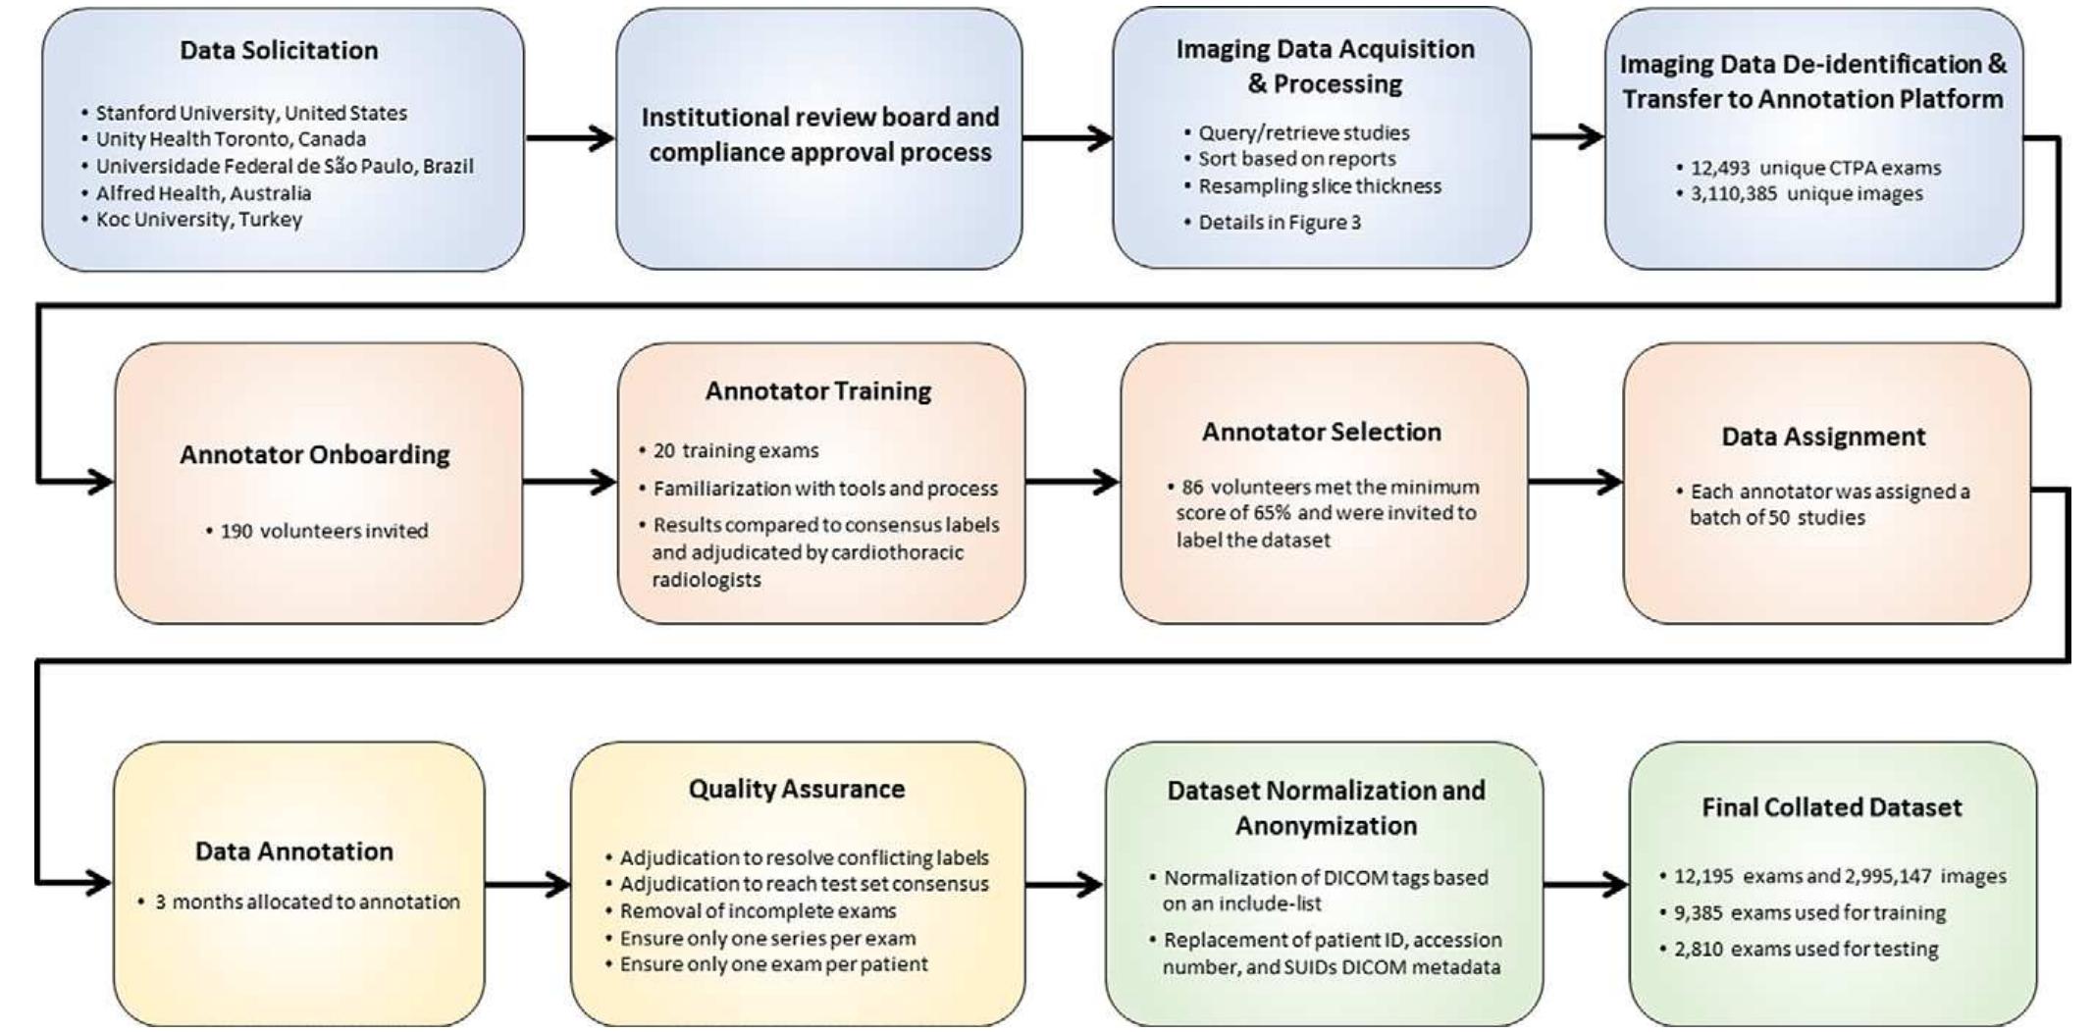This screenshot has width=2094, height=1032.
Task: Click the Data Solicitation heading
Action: click(279, 50)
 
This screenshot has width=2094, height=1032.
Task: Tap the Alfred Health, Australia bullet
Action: click(203, 193)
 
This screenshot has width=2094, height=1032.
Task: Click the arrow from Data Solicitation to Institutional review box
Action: click(570, 138)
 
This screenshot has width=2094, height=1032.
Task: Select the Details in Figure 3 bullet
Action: click(1279, 223)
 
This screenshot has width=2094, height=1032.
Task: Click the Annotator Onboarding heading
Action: click(314, 455)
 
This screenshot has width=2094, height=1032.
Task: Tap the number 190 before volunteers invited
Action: click(236, 532)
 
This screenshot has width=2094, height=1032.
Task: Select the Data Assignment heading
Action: click(1823, 437)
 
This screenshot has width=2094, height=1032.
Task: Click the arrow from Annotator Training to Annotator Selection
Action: click(1072, 482)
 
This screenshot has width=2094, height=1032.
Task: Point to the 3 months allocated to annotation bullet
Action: click(306, 903)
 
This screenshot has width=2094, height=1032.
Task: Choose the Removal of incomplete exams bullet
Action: click(757, 911)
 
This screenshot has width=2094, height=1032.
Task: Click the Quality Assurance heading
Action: click(796, 790)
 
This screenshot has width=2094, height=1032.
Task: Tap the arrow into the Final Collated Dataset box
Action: click(1585, 885)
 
